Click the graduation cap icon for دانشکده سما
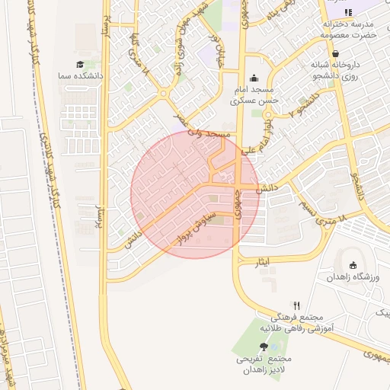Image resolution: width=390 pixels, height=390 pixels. [80, 65]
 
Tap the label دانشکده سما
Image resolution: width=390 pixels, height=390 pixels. [75, 77]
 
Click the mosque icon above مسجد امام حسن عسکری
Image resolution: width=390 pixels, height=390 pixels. [254, 78]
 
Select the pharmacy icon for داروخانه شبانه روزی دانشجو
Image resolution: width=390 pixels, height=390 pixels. [335, 53]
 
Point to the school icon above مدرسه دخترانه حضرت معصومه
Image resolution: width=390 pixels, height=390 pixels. [347, 13]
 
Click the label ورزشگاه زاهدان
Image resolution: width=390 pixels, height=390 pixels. [353, 277]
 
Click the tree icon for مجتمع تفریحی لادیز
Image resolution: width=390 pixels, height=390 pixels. [264, 347]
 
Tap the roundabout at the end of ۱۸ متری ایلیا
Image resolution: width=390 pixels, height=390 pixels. [164, 94]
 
